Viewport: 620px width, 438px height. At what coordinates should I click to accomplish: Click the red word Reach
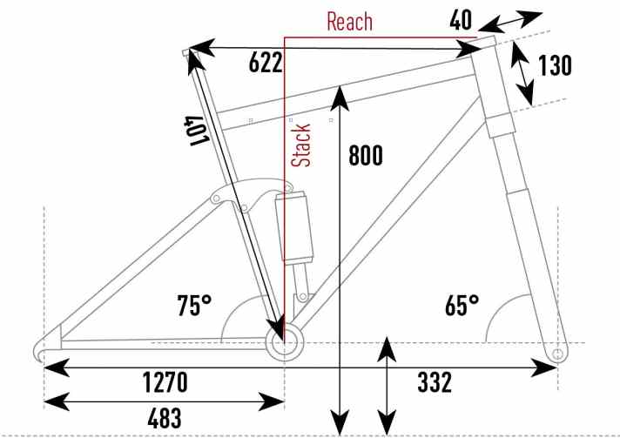(349, 22)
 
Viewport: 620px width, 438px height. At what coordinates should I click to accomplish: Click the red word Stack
(301, 145)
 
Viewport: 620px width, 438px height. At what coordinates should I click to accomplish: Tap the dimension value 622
(266, 63)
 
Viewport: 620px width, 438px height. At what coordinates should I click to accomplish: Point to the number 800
(366, 155)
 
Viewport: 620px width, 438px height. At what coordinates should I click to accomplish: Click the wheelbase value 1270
(165, 382)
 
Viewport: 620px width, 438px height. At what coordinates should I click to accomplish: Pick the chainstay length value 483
(165, 418)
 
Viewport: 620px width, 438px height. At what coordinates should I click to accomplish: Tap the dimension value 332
(435, 382)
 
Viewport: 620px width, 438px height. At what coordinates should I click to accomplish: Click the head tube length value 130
(555, 65)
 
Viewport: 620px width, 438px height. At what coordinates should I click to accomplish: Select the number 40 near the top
(461, 20)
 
